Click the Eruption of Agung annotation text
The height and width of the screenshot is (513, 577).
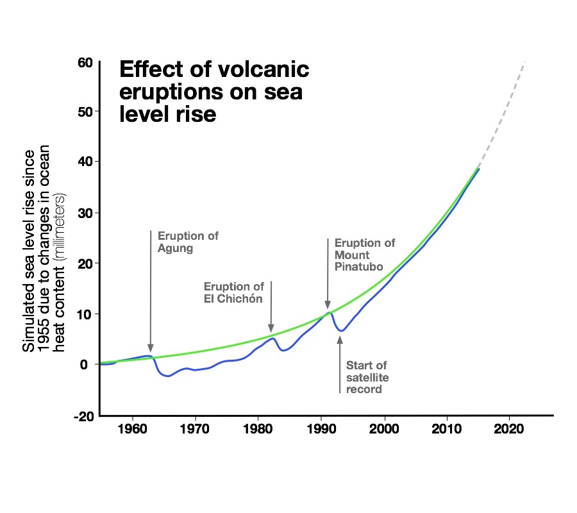pos(187,242)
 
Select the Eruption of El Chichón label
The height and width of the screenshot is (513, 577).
pos(233,292)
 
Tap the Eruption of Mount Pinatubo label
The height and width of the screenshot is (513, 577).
pos(364,255)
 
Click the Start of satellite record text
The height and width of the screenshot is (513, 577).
pos(367,377)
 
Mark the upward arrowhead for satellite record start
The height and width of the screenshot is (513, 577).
pos(340,339)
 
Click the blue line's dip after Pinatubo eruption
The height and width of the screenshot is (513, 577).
pos(342,331)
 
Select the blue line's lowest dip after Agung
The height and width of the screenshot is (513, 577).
pos(168,376)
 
